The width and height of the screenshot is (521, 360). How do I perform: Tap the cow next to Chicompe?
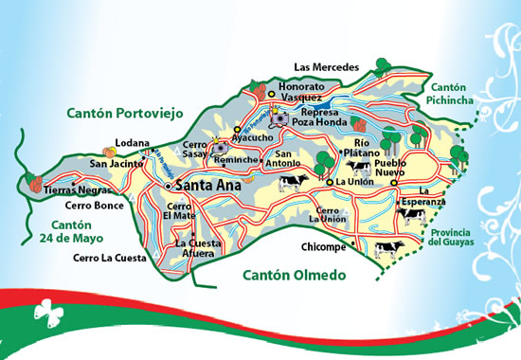click(x=388, y=249)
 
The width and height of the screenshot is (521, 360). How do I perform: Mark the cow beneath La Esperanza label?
click(x=410, y=216)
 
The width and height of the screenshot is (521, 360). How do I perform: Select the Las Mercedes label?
click(x=327, y=67)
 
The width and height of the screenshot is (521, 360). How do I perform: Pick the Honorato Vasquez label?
click(x=301, y=92)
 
